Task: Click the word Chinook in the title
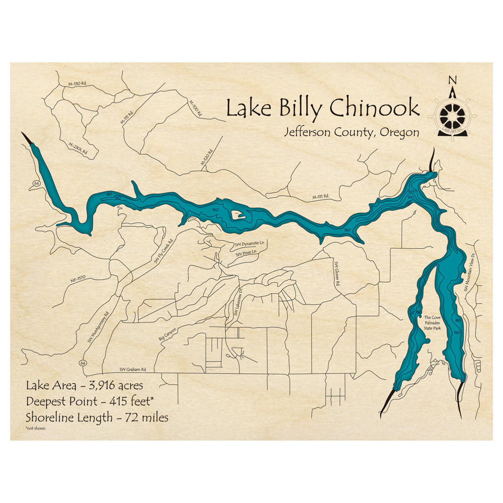click(x=374, y=108)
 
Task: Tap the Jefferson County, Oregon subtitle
click(x=351, y=132)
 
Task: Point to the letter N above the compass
click(x=452, y=79)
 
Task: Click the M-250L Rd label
click(x=78, y=147)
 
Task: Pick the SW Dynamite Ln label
click(x=250, y=244)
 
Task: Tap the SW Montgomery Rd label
click(x=98, y=327)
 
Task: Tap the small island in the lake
click(x=236, y=217)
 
